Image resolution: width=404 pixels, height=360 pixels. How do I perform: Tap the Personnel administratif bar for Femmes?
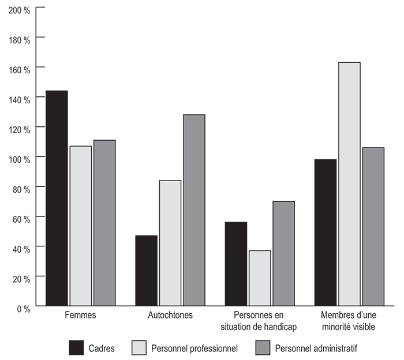pos(104,223)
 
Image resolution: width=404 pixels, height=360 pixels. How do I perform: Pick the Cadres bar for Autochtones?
pos(146,271)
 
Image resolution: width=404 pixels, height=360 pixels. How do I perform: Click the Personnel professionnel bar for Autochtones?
pos(170,243)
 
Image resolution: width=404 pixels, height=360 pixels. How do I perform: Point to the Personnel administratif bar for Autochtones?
pos(194,210)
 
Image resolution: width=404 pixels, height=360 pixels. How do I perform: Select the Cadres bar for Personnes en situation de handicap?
pos(235,264)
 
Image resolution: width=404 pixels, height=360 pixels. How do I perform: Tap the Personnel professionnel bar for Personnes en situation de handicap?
pos(259,278)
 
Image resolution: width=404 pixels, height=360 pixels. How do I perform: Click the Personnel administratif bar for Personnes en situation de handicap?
pos(283,253)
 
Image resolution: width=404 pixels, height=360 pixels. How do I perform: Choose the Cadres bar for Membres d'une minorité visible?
pos(325,232)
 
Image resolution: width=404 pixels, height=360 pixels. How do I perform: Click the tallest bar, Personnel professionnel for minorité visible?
pos(349,184)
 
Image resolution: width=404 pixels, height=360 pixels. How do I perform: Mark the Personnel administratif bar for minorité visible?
pos(373,227)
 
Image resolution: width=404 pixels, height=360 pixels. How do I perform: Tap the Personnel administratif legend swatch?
pos(263,348)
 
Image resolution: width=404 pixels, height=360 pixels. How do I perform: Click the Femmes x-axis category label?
pos(80,316)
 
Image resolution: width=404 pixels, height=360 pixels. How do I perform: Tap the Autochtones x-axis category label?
pos(170,316)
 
